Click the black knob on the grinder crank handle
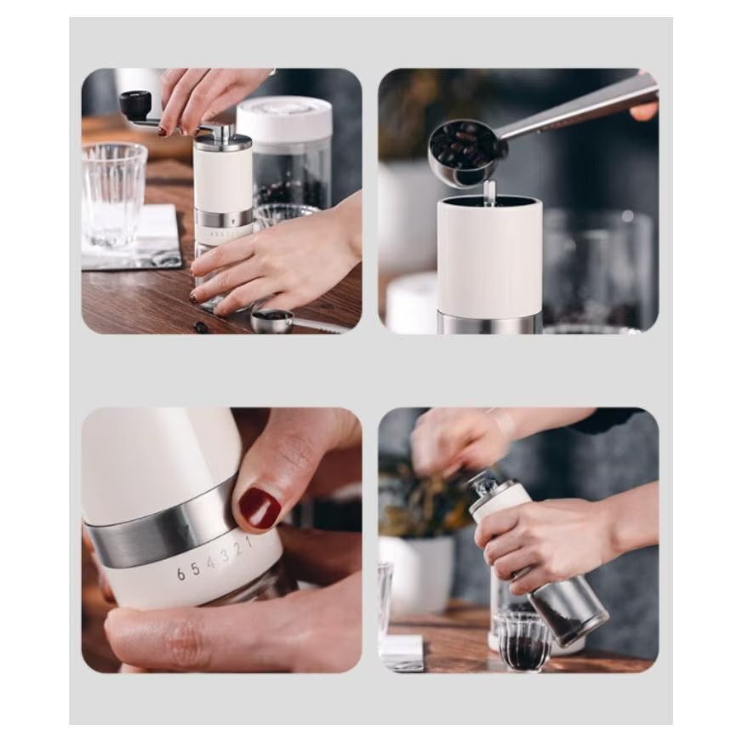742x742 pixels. pos(135,103)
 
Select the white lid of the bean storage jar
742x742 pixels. pos(284,120)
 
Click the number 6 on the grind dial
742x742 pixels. pos(180,574)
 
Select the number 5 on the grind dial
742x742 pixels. pos(196,568)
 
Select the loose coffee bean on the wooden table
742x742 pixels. pos(202,326)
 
